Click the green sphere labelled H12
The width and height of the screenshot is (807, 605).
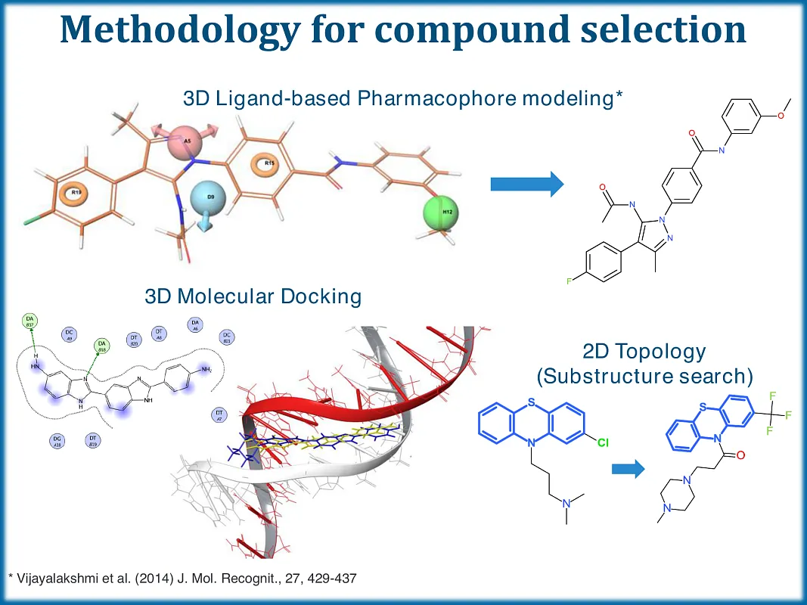(446, 211)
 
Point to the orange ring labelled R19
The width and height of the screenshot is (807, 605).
(76, 194)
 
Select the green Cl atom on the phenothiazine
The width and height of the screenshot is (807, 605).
(603, 443)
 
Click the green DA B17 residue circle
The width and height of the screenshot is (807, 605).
(30, 321)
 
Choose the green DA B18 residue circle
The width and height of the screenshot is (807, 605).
(101, 346)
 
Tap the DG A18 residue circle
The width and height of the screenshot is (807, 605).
(56, 440)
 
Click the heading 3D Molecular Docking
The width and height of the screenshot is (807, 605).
(253, 296)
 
